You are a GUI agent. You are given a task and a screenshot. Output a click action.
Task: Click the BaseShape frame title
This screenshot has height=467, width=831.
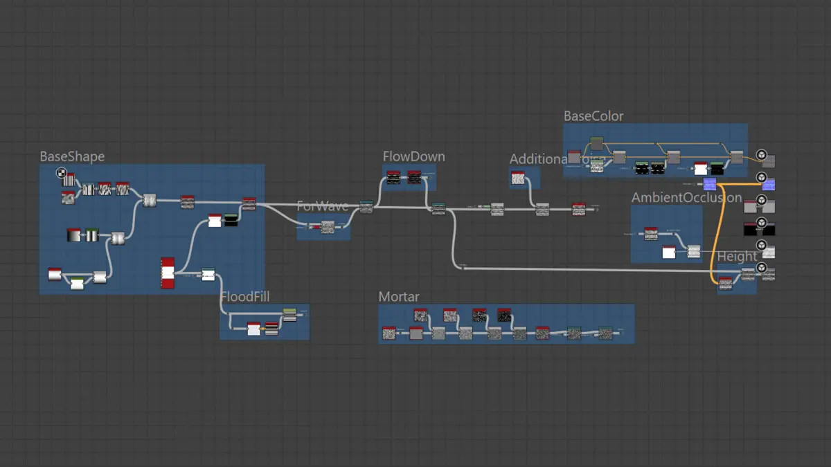72,156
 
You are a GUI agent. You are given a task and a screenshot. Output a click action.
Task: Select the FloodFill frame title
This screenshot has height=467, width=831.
244,297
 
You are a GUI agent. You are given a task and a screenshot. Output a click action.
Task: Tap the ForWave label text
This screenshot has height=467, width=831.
322,206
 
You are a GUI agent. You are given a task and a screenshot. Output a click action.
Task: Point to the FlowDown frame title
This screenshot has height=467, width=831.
413,156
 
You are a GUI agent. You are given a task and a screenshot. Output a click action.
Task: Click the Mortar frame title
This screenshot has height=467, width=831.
398,297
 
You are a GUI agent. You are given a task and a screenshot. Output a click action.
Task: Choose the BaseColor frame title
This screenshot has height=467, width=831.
593,116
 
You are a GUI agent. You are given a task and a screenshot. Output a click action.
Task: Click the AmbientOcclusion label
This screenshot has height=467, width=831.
686,198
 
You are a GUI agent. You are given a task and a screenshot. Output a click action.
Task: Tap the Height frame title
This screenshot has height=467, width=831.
737,257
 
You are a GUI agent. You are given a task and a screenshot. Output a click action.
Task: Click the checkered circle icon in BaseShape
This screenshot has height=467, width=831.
62,174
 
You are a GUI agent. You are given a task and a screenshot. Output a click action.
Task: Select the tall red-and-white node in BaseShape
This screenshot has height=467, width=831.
168,273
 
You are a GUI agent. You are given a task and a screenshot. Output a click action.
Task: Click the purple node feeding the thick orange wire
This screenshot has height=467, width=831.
709,183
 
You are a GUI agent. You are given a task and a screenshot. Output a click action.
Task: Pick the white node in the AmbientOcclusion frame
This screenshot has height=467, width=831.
668,252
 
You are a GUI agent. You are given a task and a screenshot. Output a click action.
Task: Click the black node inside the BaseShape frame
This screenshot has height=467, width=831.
231,221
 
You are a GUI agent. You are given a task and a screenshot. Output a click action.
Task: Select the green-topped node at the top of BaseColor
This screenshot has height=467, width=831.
596,143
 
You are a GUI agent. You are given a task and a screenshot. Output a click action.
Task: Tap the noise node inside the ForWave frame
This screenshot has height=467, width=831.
328,226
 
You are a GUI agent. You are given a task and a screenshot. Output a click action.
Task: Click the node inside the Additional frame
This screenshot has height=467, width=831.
518,178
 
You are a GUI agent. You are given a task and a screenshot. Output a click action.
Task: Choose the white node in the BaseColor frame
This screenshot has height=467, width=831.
700,168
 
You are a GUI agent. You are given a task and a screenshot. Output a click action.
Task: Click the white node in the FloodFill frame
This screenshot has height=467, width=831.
253,329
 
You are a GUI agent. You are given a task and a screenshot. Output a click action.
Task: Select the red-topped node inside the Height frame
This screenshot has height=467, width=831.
725,281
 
